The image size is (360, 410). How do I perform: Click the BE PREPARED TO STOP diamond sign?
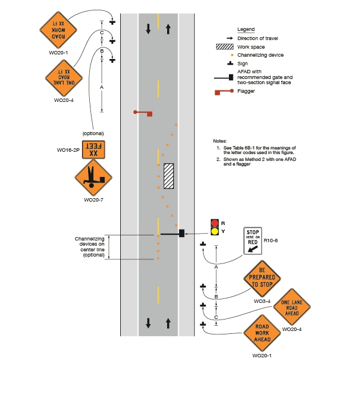pyautogui.click(x=263, y=277)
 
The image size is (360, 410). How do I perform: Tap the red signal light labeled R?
pyautogui.click(x=215, y=223)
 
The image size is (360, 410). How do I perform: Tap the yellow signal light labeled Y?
pyautogui.click(x=215, y=232)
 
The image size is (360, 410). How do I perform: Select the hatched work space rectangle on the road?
pyautogui.click(x=169, y=176)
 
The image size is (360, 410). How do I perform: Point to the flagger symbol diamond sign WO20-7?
pyautogui.click(x=92, y=178)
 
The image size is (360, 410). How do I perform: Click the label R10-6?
pyautogui.click(x=271, y=242)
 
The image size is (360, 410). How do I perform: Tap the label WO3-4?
pyautogui.click(x=261, y=301)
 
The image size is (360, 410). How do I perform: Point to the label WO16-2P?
pyautogui.click(x=68, y=150)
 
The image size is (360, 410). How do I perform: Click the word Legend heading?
pyautogui.click(x=246, y=29)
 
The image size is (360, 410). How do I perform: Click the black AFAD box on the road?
pyautogui.click(x=181, y=233)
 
